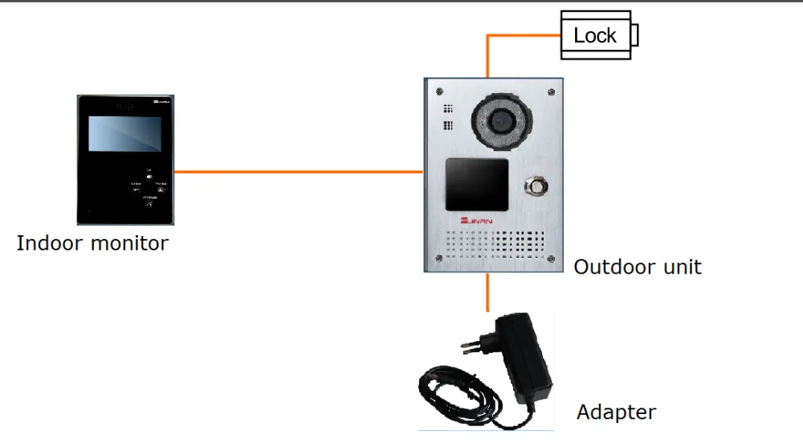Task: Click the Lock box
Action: (595, 35)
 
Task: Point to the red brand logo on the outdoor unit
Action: (475, 218)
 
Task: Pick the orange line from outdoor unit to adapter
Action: (487, 293)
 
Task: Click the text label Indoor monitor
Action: (92, 243)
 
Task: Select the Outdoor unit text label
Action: (638, 266)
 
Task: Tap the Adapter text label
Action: (616, 413)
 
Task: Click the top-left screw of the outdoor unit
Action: (438, 89)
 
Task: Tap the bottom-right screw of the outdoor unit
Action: (550, 259)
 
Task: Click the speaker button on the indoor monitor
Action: (149, 177)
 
